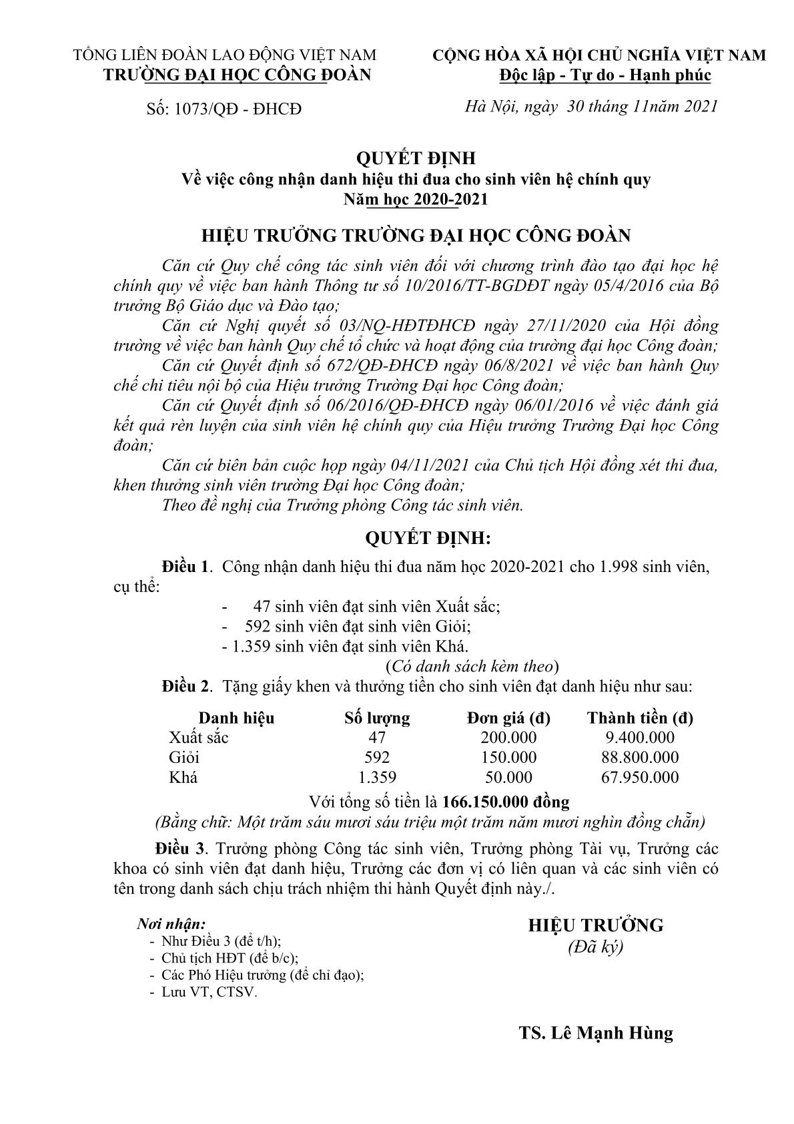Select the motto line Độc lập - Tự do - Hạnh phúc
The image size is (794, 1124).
605,75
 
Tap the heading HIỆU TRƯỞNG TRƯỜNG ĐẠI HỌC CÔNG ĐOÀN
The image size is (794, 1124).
416,236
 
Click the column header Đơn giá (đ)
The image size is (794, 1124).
508,718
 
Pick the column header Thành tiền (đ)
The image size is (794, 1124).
639,718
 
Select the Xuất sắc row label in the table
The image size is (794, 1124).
199,738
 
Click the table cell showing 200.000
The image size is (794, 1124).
508,738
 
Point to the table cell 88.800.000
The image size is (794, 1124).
639,758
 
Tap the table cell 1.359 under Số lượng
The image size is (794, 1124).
377,778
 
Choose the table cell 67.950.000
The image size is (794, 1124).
639,778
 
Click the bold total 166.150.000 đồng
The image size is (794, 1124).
506,801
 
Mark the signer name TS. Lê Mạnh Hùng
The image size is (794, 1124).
596,1033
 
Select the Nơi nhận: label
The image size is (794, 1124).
171,924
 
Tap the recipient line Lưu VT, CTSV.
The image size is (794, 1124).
209,992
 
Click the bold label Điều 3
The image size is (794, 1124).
179,849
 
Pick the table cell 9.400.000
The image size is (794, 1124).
639,738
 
